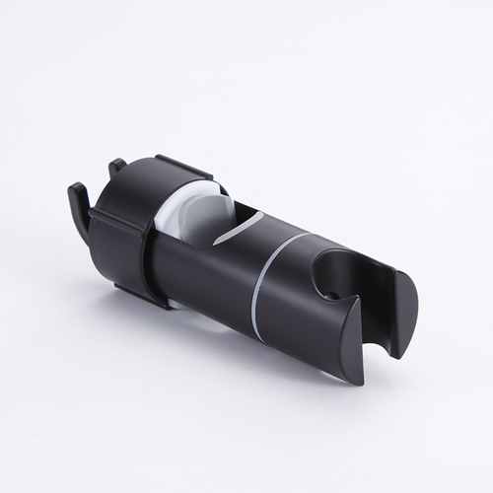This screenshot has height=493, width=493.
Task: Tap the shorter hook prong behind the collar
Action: (115, 170)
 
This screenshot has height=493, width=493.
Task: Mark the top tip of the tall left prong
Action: (72, 185)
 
